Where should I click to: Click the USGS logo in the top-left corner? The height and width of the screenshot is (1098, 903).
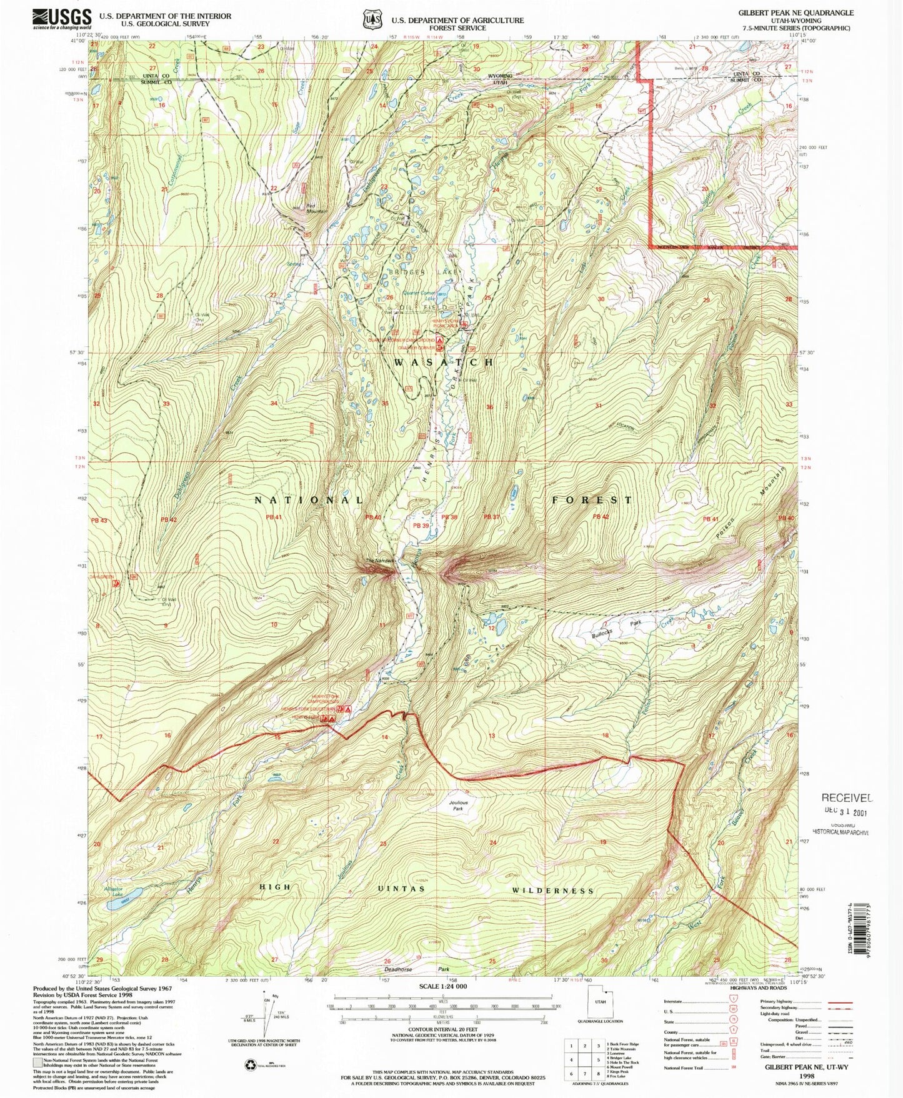(62, 19)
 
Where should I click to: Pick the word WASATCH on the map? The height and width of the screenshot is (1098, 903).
(443, 362)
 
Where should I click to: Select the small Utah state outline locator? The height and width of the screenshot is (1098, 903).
(599, 1006)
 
